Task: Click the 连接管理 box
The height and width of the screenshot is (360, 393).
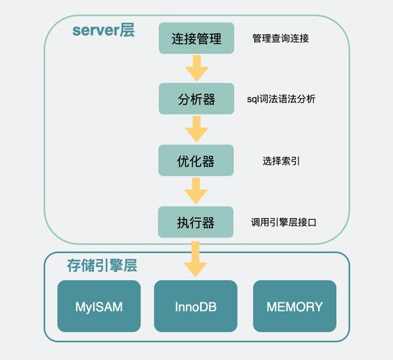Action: [x=196, y=37]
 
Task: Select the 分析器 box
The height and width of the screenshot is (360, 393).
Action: [x=196, y=99]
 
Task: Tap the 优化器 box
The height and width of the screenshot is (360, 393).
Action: [x=196, y=161]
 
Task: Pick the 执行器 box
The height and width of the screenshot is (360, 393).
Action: [x=196, y=222]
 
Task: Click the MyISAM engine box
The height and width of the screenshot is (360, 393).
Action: [x=99, y=306]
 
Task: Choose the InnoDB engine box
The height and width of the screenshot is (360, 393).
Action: [x=196, y=306]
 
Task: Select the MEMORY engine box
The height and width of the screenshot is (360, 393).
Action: [x=294, y=306]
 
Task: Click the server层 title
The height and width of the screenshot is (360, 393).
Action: [x=103, y=31]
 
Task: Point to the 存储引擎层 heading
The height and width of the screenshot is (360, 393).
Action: [x=101, y=266]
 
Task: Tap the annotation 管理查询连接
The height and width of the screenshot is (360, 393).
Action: [x=280, y=38]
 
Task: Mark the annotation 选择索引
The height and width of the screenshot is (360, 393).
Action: [x=281, y=161]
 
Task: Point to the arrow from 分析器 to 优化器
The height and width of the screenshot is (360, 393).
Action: [x=196, y=130]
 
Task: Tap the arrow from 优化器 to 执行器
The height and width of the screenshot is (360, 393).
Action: [x=196, y=192]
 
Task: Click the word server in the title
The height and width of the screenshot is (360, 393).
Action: [x=95, y=32]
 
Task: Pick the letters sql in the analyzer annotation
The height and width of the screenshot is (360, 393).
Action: [x=254, y=99]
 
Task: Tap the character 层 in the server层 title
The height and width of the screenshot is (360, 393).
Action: [x=127, y=31]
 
